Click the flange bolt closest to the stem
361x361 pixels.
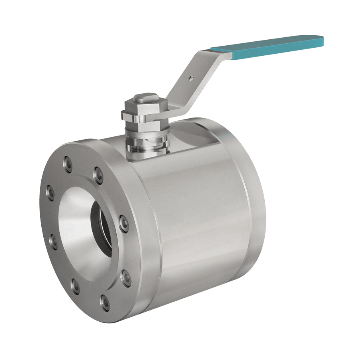coord(97,173)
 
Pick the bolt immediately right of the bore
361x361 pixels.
coord(123,220)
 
